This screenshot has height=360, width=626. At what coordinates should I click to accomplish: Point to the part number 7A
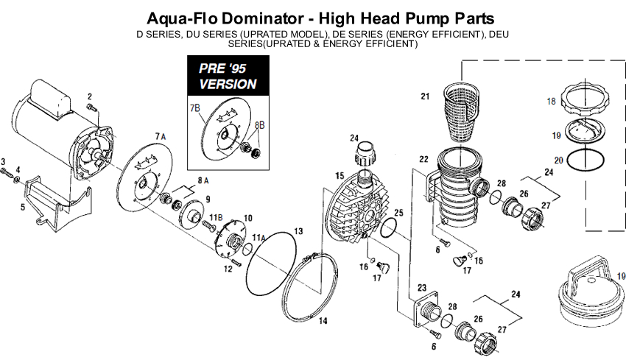(x=161, y=136)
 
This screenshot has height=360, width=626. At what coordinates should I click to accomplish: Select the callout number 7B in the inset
(x=195, y=108)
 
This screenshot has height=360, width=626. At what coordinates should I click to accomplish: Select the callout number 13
(x=298, y=232)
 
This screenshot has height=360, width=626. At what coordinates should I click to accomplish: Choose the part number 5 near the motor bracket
(x=22, y=208)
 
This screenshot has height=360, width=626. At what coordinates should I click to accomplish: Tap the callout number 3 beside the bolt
(x=4, y=161)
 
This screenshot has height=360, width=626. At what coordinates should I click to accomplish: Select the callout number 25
(x=398, y=213)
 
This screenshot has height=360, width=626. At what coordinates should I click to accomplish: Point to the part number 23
(x=423, y=288)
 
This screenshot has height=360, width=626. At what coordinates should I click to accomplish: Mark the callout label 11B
(x=216, y=216)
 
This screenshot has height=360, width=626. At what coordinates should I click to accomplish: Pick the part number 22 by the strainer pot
(x=423, y=160)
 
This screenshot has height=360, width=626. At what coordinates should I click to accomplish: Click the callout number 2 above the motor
(x=90, y=96)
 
